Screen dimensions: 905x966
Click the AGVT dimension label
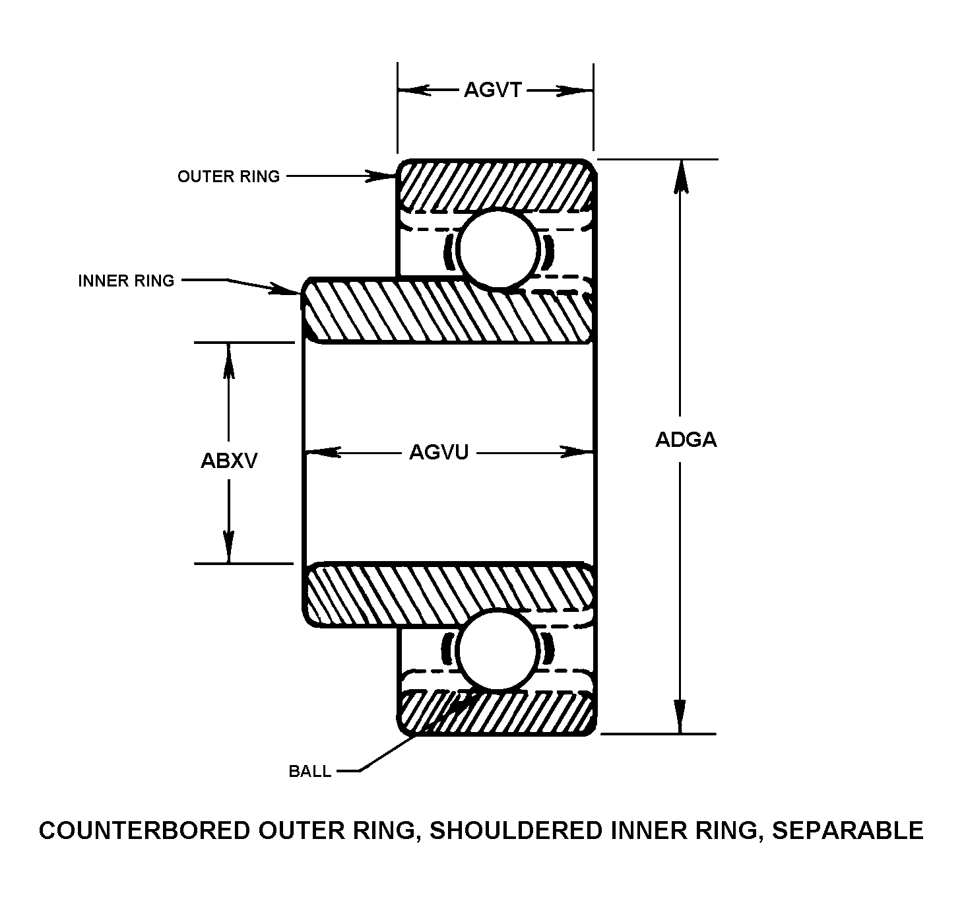tap(493, 90)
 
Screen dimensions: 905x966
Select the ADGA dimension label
tap(686, 440)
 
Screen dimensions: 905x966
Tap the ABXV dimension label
tap(229, 461)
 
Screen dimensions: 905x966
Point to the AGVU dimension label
tap(439, 452)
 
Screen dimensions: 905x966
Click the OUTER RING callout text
tap(228, 176)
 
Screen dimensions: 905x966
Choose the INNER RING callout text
tap(126, 281)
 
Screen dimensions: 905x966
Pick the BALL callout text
tap(310, 771)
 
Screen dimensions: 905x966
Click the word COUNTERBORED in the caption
tap(145, 830)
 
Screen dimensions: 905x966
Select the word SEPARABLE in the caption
tap(847, 830)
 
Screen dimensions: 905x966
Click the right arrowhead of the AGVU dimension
tap(577, 452)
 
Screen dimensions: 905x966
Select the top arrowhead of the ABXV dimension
tap(229, 359)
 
